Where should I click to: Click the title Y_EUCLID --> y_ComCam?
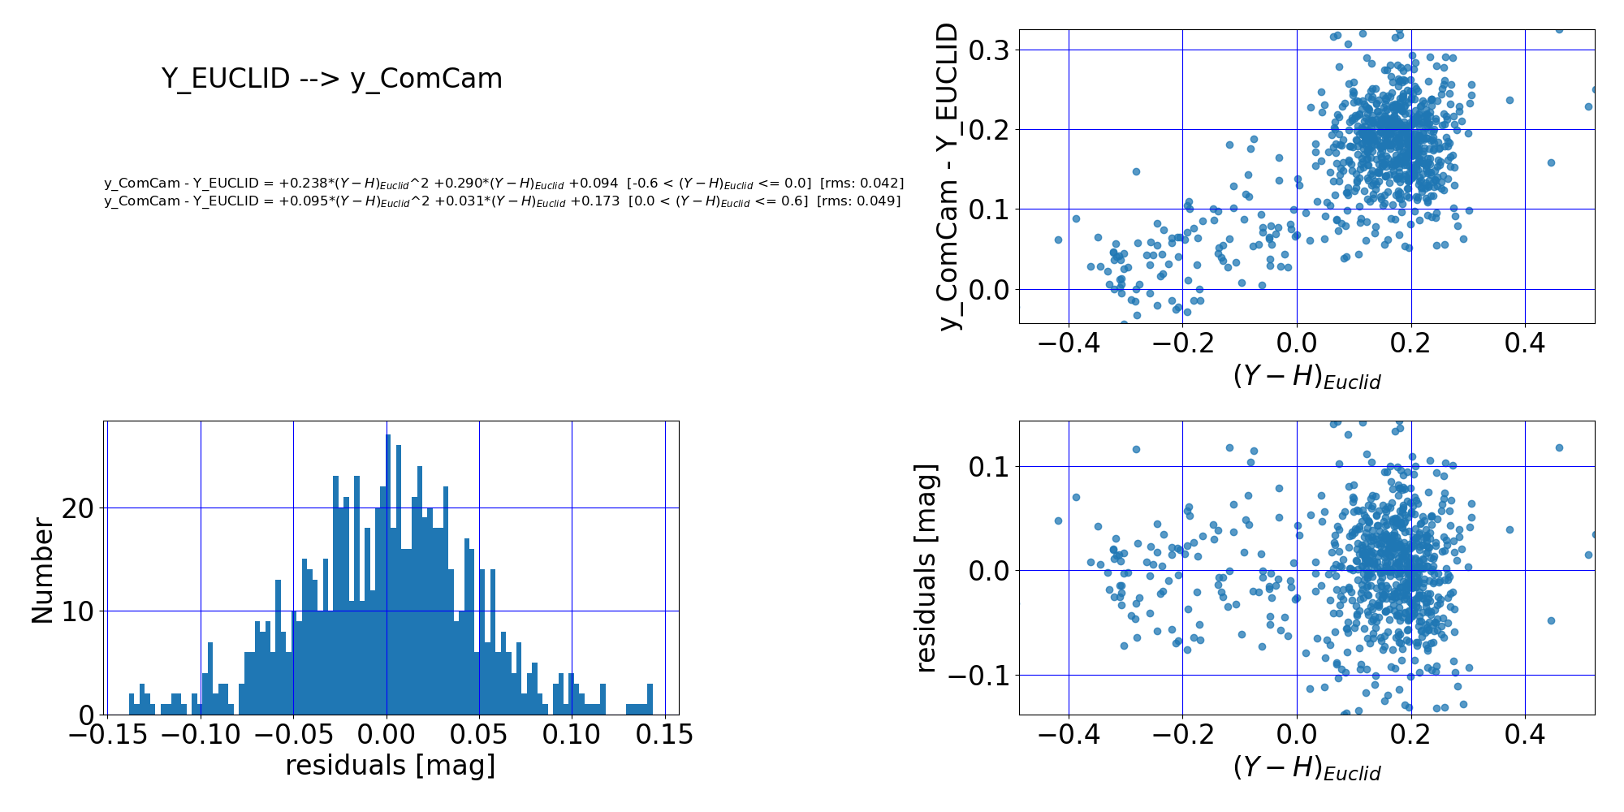click(331, 79)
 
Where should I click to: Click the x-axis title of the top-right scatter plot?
click(1307, 376)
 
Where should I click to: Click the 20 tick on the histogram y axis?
click(80, 508)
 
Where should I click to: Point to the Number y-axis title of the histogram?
click(42, 571)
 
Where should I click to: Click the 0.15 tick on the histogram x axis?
click(664, 735)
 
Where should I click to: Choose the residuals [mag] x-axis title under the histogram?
click(390, 765)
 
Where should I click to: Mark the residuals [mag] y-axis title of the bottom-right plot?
click(926, 568)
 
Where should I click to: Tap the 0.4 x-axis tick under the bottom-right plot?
click(1525, 735)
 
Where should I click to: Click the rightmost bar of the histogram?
click(650, 700)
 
